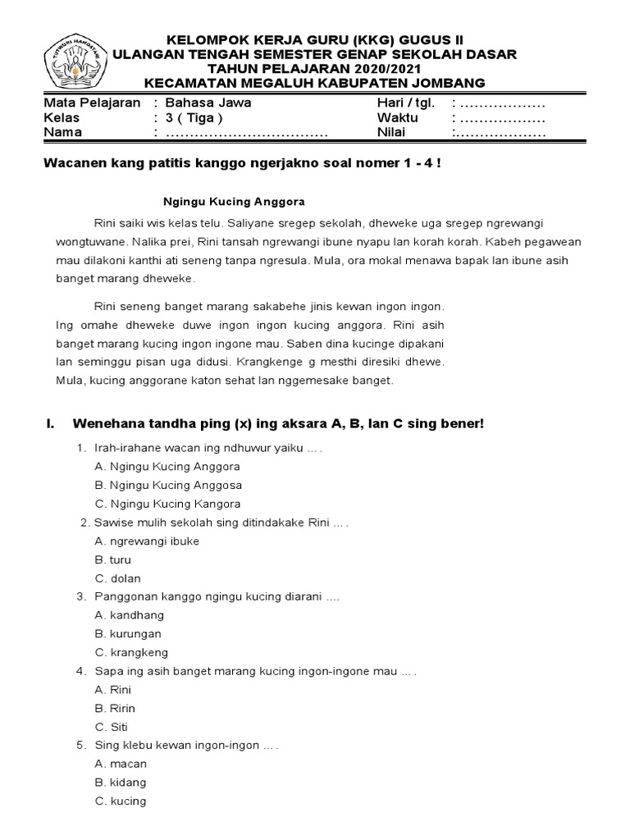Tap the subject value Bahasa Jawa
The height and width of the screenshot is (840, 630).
click(208, 103)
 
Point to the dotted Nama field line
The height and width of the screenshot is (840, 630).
click(247, 133)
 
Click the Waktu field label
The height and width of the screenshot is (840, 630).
click(397, 118)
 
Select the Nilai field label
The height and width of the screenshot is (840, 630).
click(390, 133)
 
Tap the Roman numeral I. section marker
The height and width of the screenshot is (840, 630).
click(49, 423)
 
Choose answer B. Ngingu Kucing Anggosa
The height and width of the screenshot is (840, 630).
click(167, 485)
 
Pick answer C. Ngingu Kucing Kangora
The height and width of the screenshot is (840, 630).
click(167, 504)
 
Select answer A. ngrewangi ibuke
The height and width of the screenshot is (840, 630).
click(147, 541)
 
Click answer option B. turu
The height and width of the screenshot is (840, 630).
click(112, 559)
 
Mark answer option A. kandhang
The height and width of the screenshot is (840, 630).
click(130, 615)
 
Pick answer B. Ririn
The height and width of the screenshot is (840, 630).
click(115, 708)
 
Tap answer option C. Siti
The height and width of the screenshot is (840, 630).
click(112, 727)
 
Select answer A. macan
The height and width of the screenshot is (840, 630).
click(121, 764)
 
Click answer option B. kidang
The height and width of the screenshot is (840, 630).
click(121, 783)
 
